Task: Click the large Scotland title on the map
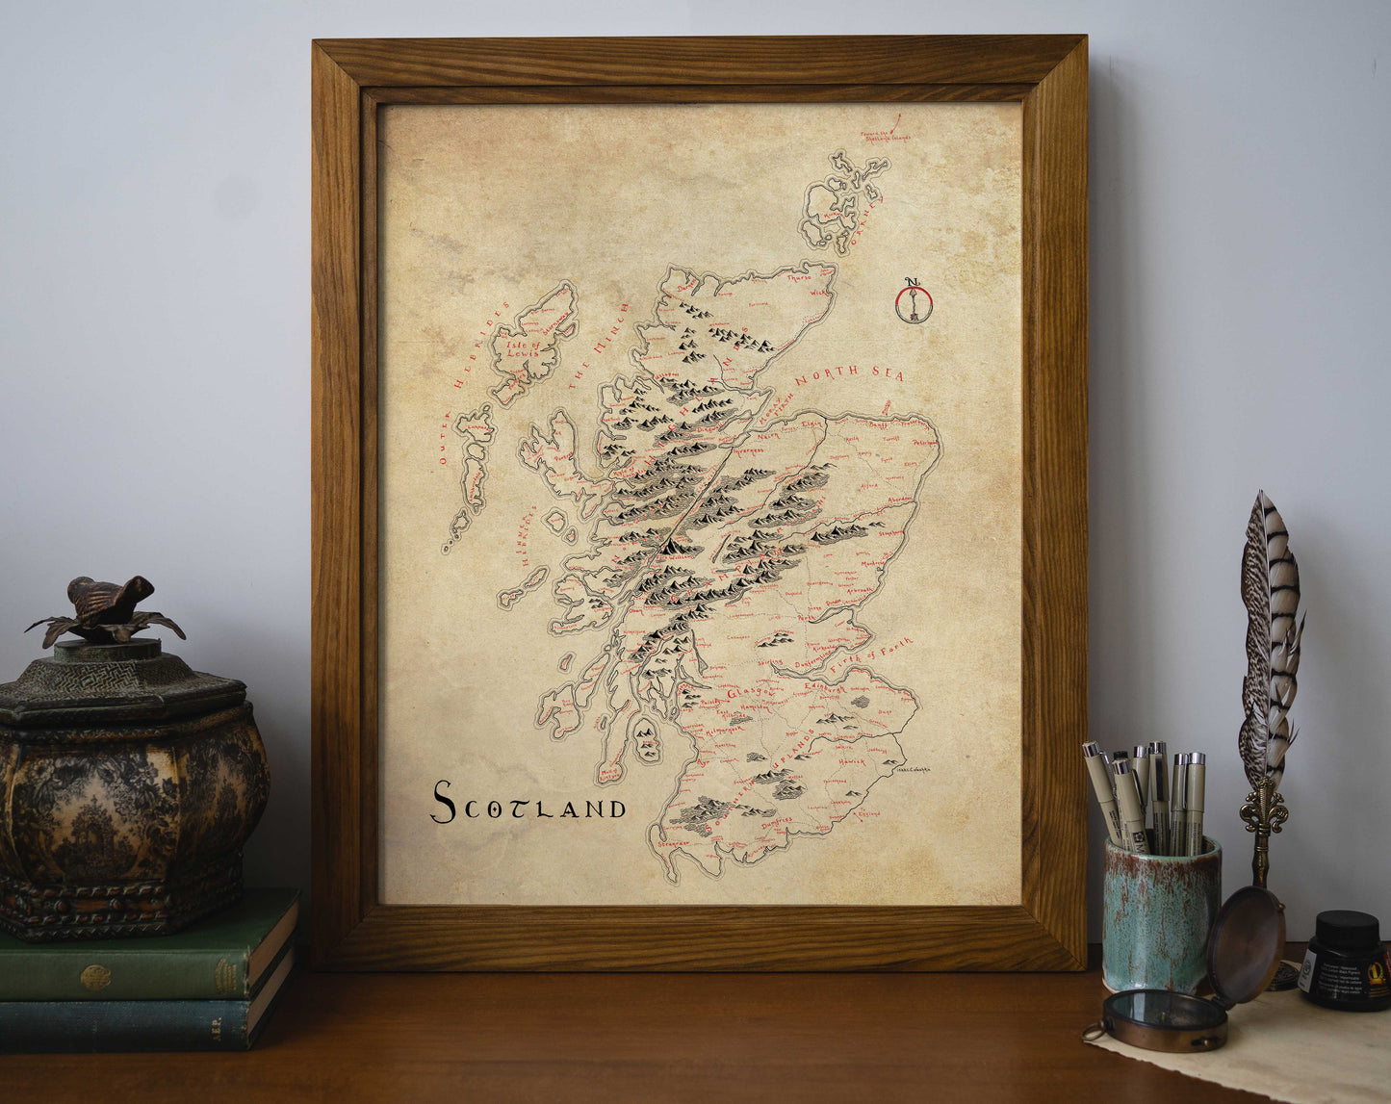click(528, 803)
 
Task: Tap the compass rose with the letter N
click(912, 300)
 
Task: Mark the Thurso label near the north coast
click(799, 278)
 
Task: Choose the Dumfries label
click(776, 821)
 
